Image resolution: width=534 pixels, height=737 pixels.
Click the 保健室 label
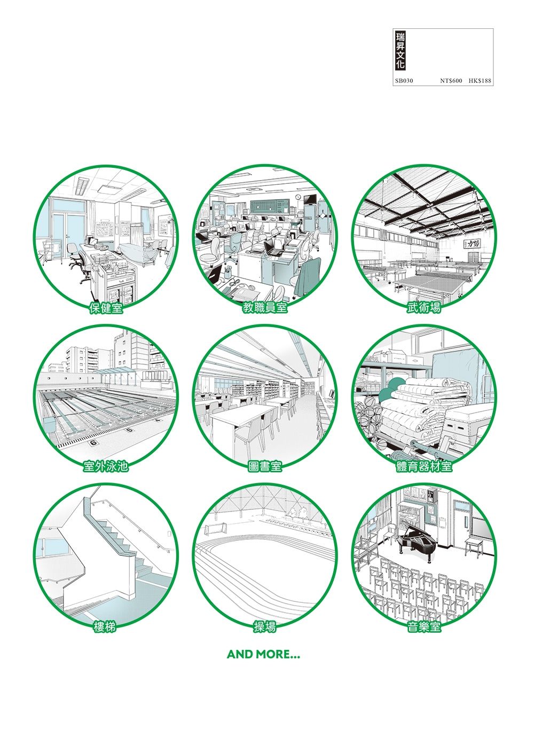pyautogui.click(x=106, y=308)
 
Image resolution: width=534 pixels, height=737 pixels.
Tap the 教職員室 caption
pyautogui.click(x=265, y=308)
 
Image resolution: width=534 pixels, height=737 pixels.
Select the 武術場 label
pyautogui.click(x=424, y=308)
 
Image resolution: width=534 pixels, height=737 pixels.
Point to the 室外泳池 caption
pyautogui.click(x=105, y=466)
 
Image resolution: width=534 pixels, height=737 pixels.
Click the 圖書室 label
pyautogui.click(x=265, y=466)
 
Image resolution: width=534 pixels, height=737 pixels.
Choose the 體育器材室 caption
pyautogui.click(x=424, y=466)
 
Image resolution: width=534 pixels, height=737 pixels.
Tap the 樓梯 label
pyautogui.click(x=105, y=627)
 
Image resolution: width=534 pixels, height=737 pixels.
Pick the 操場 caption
pyautogui.click(x=265, y=627)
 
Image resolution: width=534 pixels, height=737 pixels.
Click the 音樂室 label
pyautogui.click(x=424, y=627)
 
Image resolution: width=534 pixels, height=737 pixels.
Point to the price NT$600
pyautogui.click(x=451, y=81)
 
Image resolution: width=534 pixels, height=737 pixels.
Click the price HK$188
pyautogui.click(x=480, y=81)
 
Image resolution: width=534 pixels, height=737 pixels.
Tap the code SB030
pyautogui.click(x=404, y=81)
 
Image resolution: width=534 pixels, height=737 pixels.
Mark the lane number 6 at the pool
pyautogui.click(x=93, y=443)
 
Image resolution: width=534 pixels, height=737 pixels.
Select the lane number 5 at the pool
pyautogui.click(x=130, y=430)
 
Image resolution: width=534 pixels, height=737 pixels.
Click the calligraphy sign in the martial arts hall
pyautogui.click(x=470, y=244)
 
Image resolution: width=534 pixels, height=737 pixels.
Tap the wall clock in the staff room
pyautogui.click(x=297, y=197)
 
